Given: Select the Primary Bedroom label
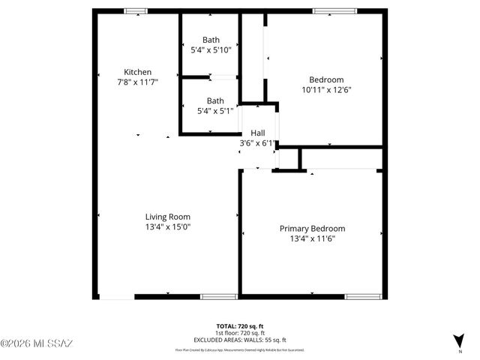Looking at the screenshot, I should pos(312,229).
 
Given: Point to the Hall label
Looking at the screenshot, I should pos(257,132).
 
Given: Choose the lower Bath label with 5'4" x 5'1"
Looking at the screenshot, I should pos(215,100).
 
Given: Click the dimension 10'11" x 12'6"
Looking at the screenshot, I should pos(326,90).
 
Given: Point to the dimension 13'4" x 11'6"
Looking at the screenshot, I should pos(312,239).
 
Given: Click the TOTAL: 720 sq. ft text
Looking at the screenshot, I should pos(240,325).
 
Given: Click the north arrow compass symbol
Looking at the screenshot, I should pos(458,340).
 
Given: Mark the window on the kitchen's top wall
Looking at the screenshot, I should pos(136,11).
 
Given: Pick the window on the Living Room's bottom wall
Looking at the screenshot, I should pos(213,297).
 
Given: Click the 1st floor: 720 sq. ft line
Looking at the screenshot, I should pos(240,331).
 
